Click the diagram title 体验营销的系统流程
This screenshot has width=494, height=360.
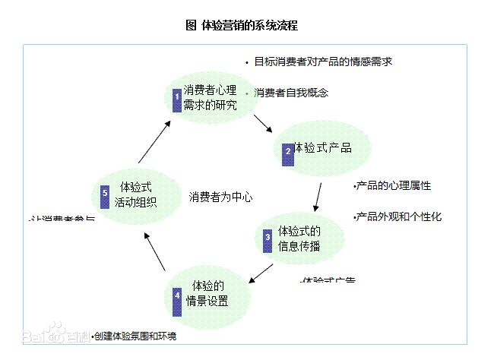pyautogui.click(x=241, y=25)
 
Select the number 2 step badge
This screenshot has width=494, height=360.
pyautogui.click(x=288, y=151)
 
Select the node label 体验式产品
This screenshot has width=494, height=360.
pyautogui.click(x=322, y=147)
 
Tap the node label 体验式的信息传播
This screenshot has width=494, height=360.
pyautogui.click(x=299, y=238)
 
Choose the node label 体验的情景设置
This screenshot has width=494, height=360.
pyautogui.click(x=207, y=293)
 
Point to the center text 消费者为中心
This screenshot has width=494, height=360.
pyautogui.click(x=220, y=197)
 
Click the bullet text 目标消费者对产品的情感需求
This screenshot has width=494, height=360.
pyautogui.click(x=323, y=62)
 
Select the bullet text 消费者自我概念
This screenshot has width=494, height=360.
pyautogui.click(x=291, y=93)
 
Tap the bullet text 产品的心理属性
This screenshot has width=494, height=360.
pyautogui.click(x=394, y=185)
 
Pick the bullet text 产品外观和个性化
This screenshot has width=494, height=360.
pyautogui.click(x=398, y=216)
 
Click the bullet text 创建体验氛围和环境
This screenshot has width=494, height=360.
pyautogui.click(x=135, y=336)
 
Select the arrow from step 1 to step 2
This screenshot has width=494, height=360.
pyautogui.click(x=262, y=123)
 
